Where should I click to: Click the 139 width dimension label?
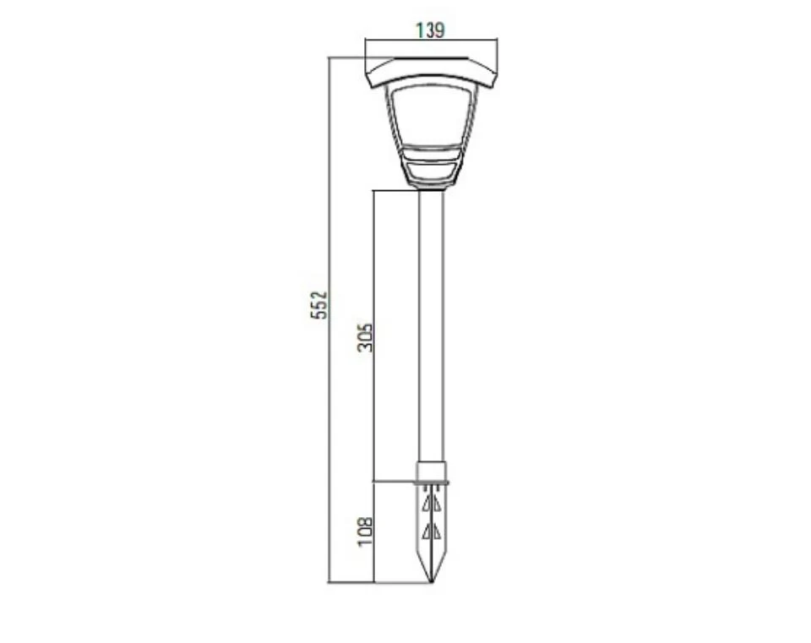[430, 30]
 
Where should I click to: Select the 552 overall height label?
[319, 305]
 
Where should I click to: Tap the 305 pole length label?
[365, 337]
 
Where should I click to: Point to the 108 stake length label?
[365, 531]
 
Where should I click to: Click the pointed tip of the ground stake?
[431, 583]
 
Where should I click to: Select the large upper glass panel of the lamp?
[430, 115]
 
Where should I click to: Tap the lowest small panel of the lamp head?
[430, 172]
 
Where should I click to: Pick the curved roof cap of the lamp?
[431, 74]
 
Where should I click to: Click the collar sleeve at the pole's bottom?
[431, 471]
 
